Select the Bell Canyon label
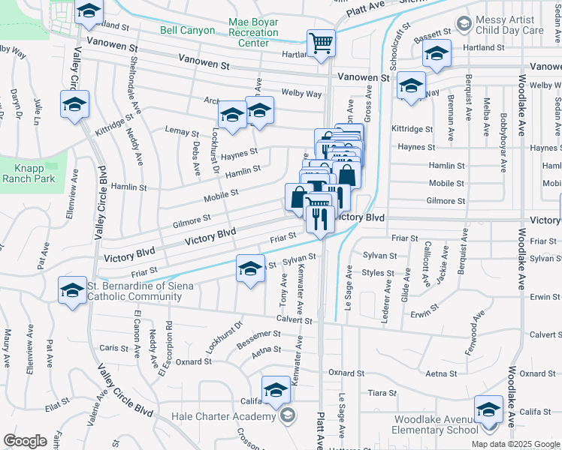pyautogui.click(x=187, y=31)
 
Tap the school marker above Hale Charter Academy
pyautogui.click(x=276, y=390)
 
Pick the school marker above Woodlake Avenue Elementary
pyautogui.click(x=488, y=409)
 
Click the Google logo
pyautogui.click(x=26, y=441)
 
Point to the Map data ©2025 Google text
pyautogui.click(x=515, y=444)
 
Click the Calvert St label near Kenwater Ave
pyautogui.click(x=293, y=320)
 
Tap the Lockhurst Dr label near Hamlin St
pyautogui.click(x=214, y=153)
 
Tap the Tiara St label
pyautogui.click(x=382, y=392)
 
